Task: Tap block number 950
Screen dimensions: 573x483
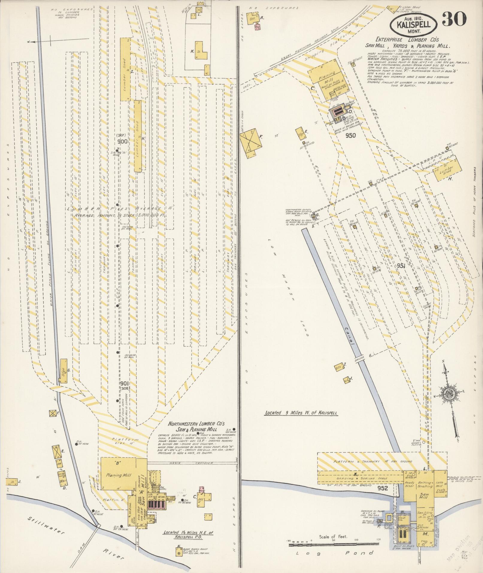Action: (x=350, y=135)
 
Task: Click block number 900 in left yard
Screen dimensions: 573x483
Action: (x=122, y=141)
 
